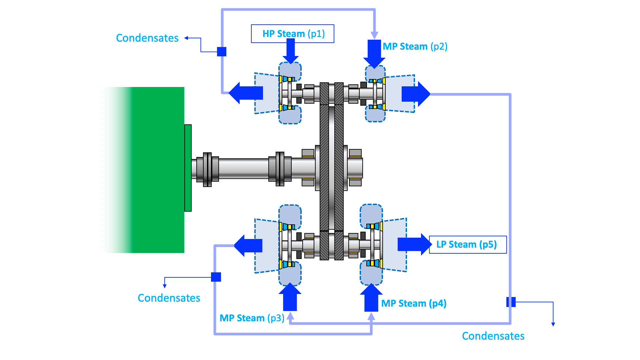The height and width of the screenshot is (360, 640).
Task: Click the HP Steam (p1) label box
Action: click(x=293, y=34)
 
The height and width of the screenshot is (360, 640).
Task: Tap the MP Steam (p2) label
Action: click(x=415, y=46)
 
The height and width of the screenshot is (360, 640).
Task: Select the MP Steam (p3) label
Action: click(x=252, y=318)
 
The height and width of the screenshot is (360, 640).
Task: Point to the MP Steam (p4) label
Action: click(x=414, y=303)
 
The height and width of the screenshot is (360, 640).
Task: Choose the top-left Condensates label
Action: click(x=147, y=38)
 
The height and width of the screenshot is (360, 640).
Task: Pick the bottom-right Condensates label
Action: click(x=493, y=336)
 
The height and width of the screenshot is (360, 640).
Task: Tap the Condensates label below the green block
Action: click(x=169, y=298)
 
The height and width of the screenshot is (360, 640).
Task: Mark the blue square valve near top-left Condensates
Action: click(x=222, y=52)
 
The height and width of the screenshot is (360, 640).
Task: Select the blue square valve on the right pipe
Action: click(x=511, y=302)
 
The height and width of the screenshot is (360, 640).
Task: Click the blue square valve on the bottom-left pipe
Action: click(x=216, y=277)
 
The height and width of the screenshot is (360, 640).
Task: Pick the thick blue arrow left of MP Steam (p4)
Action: click(x=371, y=298)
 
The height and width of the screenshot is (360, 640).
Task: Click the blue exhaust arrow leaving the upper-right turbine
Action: click(x=415, y=94)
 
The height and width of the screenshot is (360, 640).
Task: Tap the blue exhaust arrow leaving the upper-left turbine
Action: click(x=246, y=93)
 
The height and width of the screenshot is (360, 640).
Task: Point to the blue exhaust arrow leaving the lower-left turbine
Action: click(x=248, y=246)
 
